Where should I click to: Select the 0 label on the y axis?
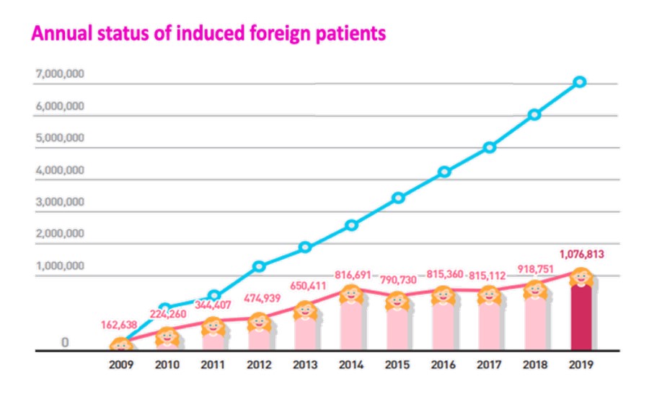tap(64, 343)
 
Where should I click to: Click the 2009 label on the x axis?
tap(121, 365)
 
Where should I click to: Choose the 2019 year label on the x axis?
tap(581, 365)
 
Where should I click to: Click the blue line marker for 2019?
tap(580, 82)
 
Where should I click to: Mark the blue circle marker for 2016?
tap(444, 172)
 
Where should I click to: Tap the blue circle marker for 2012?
tap(259, 266)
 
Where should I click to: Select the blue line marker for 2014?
tap(351, 225)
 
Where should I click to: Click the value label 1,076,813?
tap(581, 254)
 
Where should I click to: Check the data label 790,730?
tap(397, 279)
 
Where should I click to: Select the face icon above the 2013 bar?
tap(305, 310)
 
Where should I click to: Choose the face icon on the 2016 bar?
tap(444, 296)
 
